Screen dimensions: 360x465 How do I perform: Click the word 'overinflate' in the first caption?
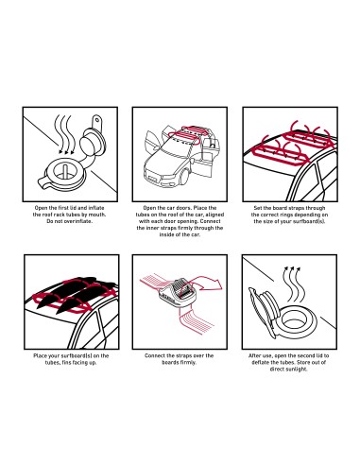pyautogui.click(x=78, y=221)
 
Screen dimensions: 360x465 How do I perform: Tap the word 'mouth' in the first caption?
pyautogui.click(x=96, y=215)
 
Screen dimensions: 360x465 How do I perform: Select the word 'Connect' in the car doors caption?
pyautogui.click(x=210, y=221)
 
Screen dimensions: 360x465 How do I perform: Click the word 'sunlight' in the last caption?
pyautogui.click(x=298, y=369)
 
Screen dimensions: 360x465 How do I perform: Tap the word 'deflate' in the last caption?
pyautogui.click(x=260, y=362)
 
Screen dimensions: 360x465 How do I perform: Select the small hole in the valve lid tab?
pyautogui.click(x=97, y=120)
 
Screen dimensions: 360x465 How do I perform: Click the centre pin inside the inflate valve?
pyautogui.click(x=65, y=170)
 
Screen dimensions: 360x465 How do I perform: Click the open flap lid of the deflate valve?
pyautogui.click(x=262, y=308)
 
